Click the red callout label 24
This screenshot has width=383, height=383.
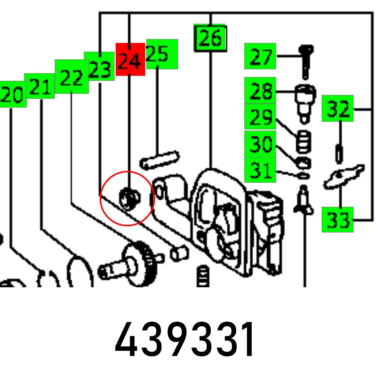130,59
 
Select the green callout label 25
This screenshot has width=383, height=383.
162,54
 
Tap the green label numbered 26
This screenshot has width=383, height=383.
210,38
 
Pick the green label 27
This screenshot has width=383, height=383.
260,56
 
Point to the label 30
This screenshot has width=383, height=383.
260,144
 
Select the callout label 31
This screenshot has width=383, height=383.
260,170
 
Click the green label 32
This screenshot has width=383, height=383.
337,108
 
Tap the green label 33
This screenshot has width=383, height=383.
337,219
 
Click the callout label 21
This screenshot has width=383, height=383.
39,86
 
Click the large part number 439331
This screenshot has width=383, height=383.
185,340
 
